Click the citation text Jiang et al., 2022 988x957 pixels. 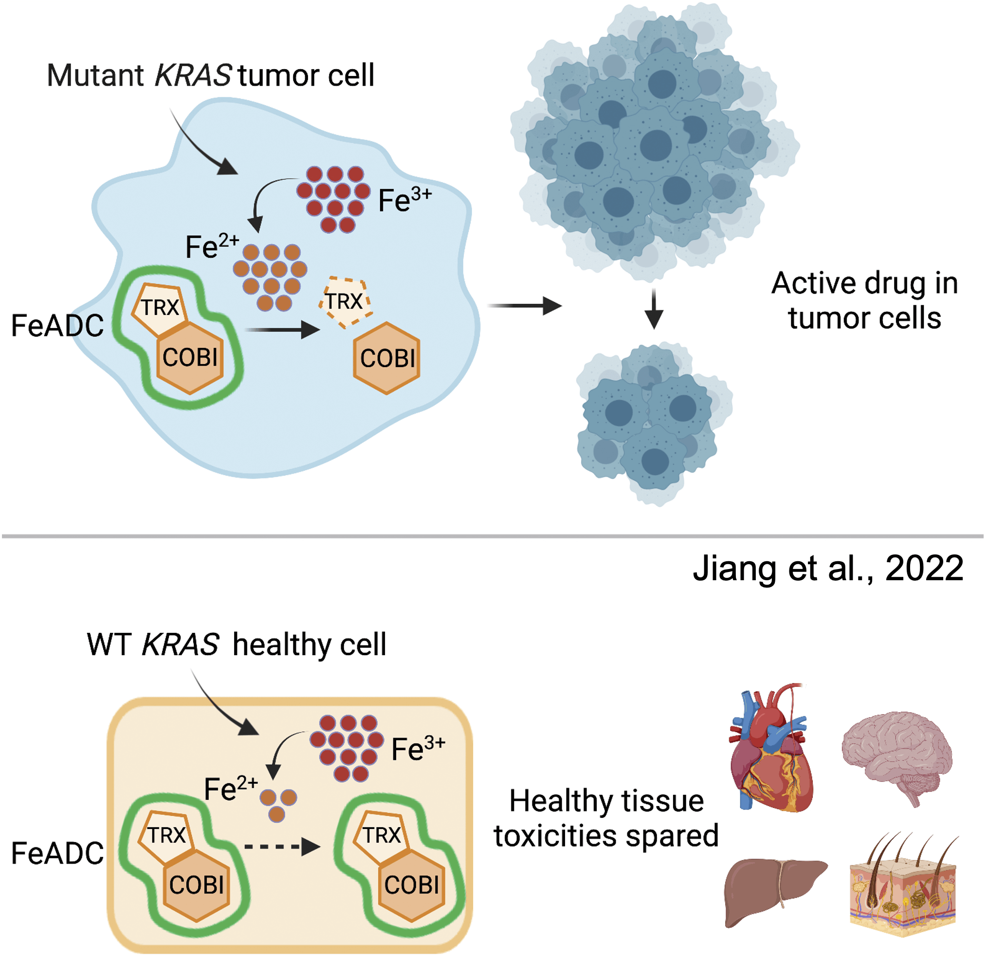pos(828,569)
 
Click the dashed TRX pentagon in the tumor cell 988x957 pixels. pos(346,301)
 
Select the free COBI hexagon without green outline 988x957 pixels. pos(386,358)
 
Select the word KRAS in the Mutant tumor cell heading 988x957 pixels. pos(193,75)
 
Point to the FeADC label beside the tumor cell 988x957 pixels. pos(57,325)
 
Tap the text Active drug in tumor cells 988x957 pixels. pos(864,300)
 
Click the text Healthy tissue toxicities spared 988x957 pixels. pos(606,818)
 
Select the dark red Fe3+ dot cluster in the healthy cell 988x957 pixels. pos(347,747)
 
